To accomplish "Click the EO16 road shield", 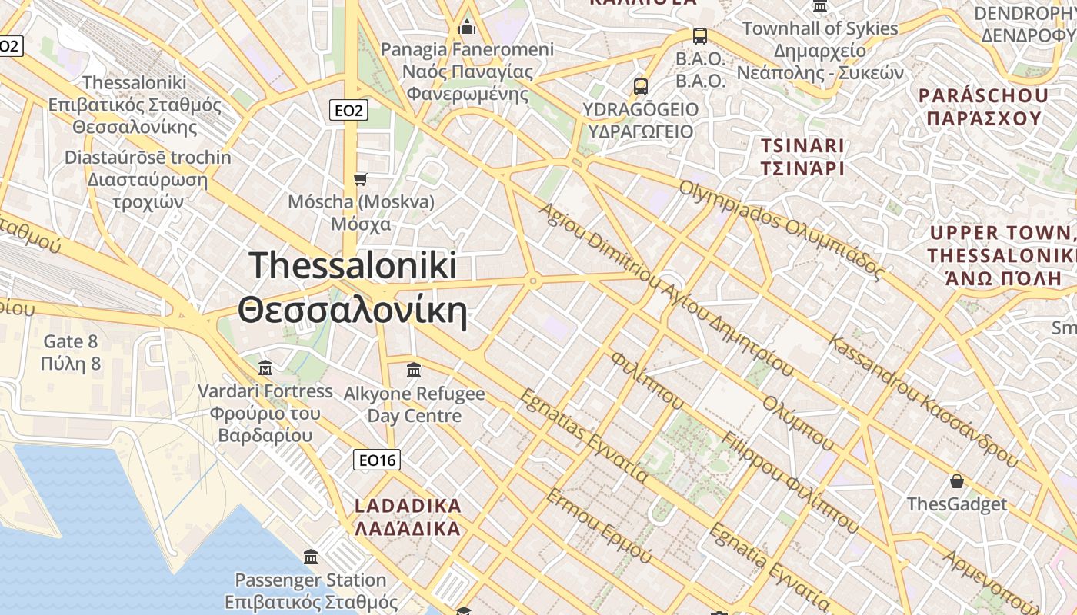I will click(x=377, y=460).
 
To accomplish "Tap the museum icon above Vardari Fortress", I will click(x=265, y=367).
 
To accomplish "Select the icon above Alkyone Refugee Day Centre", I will click(x=414, y=371).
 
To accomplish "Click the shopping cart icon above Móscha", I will click(x=360, y=180).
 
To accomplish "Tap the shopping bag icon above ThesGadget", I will click(x=956, y=481).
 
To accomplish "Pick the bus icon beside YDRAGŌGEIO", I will click(x=641, y=87).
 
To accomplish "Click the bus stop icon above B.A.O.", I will click(x=699, y=35).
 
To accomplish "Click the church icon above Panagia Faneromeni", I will click(x=467, y=28).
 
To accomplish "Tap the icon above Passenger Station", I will click(x=311, y=557).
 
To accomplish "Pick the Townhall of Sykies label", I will click(x=819, y=28).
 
